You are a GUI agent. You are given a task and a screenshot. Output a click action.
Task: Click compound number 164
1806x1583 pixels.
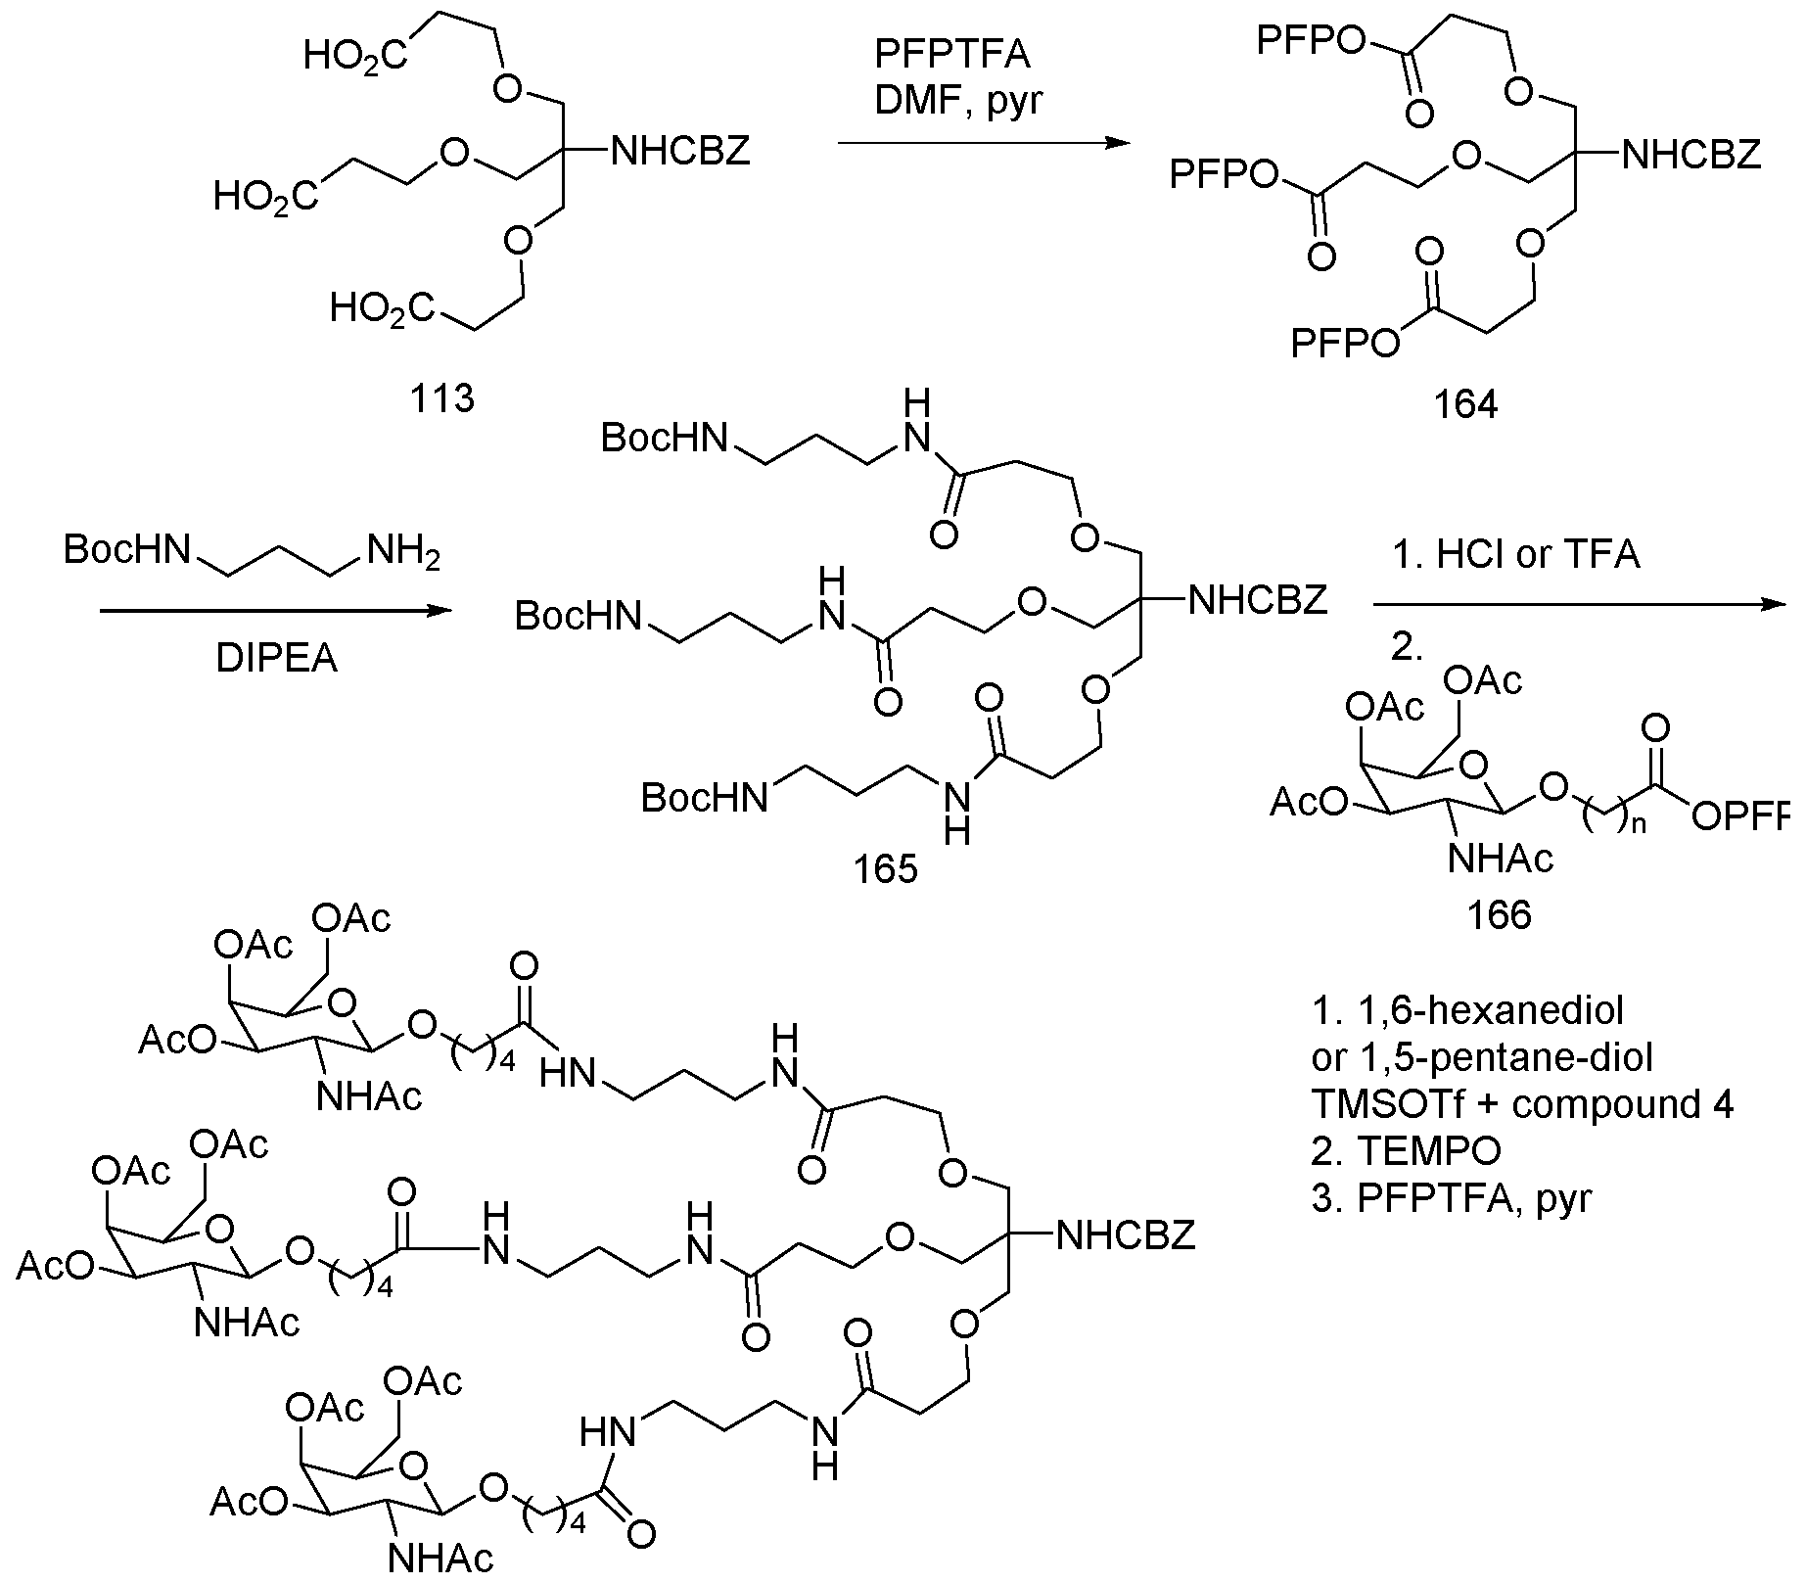pyautogui.click(x=1465, y=403)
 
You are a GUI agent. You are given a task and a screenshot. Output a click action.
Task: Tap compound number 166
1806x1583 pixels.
pyautogui.click(x=1499, y=914)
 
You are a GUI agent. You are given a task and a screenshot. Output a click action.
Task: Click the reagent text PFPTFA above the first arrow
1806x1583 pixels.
pyautogui.click(x=951, y=55)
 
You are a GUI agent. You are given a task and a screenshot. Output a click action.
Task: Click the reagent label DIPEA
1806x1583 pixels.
pyautogui.click(x=276, y=659)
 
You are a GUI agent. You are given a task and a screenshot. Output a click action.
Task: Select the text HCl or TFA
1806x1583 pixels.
pyautogui.click(x=1538, y=556)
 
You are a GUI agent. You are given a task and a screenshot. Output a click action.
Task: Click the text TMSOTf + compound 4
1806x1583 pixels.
pyautogui.click(x=1522, y=1103)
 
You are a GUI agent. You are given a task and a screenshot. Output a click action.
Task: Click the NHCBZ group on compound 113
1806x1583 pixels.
pyautogui.click(x=679, y=151)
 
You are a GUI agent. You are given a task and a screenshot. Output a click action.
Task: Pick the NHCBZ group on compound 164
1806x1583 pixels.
pyautogui.click(x=1690, y=155)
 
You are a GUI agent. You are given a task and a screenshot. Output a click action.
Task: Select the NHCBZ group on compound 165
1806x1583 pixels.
pyautogui.click(x=1258, y=599)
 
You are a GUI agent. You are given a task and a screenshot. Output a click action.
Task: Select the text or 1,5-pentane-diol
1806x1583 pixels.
pyautogui.click(x=1481, y=1056)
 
